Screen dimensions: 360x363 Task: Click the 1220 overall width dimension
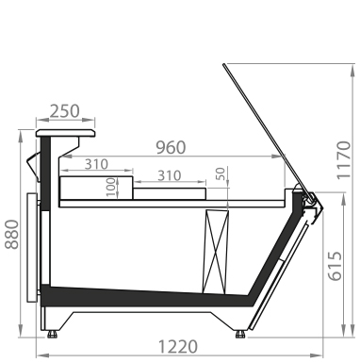tap(178, 347)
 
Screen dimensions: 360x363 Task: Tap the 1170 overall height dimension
tap(343, 160)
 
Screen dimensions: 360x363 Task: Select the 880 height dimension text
tap(12, 235)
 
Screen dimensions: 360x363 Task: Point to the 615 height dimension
tap(335, 266)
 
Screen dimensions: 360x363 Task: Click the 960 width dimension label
tap(172, 148)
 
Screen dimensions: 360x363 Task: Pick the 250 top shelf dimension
tap(65, 111)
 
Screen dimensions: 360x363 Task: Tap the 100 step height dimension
tap(111, 188)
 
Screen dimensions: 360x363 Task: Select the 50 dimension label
tap(221, 173)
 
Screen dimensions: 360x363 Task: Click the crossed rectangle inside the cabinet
tap(216, 253)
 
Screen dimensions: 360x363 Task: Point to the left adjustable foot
tap(52, 334)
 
